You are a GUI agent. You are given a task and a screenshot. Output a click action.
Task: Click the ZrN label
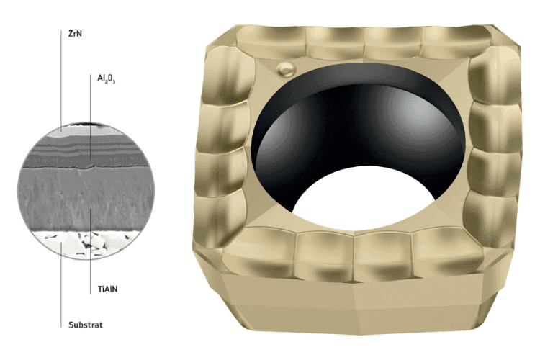(75, 34)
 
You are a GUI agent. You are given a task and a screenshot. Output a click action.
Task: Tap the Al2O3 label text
(106, 79)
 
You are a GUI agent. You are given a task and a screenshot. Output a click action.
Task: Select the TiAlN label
(107, 289)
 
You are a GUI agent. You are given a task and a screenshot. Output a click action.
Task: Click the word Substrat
(86, 325)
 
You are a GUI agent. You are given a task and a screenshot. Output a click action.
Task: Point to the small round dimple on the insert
(287, 69)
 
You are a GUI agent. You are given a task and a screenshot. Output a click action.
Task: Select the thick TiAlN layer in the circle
(86, 199)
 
